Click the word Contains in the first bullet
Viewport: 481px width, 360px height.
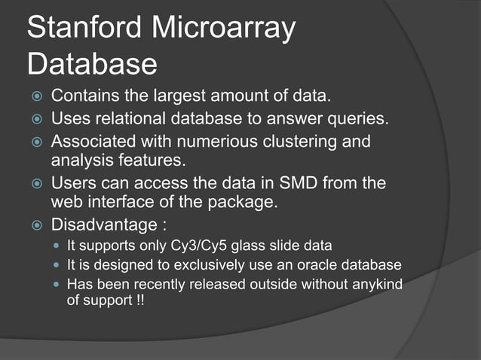pyautogui.click(x=82, y=97)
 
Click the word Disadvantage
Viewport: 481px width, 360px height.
pyautogui.click(x=102, y=224)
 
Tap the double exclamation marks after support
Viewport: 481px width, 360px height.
pyautogui.click(x=139, y=300)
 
